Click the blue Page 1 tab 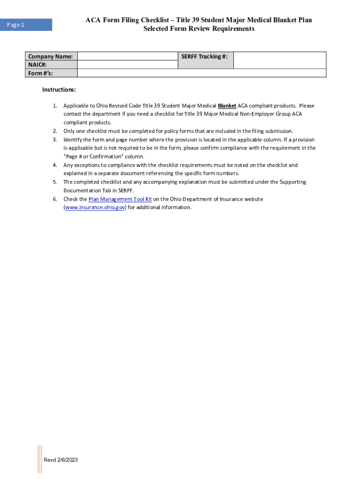28,25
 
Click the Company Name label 50,57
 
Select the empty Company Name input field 127,57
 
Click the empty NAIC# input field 127,65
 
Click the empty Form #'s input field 201,73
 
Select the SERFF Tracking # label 205,57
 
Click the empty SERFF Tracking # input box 279,60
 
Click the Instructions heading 59,89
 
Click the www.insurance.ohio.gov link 95,208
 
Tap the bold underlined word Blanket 227,106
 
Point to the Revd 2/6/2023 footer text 61,460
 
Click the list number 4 55,165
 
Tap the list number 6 55,199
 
